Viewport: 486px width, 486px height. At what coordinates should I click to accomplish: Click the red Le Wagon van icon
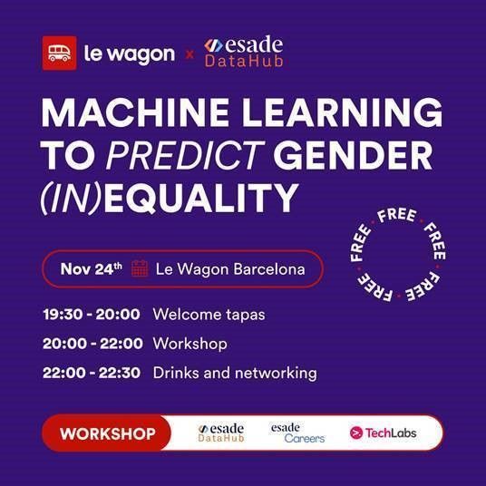tap(59, 53)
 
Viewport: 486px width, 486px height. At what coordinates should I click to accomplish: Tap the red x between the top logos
tap(190, 55)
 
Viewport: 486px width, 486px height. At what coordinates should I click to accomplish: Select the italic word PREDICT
tap(186, 155)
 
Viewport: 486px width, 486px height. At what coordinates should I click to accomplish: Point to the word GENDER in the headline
tap(353, 155)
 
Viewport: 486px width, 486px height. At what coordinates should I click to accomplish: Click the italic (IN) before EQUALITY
tap(71, 198)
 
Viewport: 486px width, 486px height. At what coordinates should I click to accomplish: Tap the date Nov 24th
tap(91, 268)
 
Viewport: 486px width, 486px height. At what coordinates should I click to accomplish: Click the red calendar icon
tap(140, 268)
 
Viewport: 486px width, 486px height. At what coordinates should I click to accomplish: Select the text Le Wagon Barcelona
tap(230, 269)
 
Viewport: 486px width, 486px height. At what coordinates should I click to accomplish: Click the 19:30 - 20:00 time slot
tap(92, 315)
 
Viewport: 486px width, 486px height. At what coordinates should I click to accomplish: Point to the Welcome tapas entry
tap(209, 315)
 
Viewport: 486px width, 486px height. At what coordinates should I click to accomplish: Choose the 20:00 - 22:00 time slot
tap(92, 344)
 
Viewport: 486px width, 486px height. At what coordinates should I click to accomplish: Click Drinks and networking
tap(235, 373)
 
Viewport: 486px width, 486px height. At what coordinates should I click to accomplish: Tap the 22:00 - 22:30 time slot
tap(92, 373)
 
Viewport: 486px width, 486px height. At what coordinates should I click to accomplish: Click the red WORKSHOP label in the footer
tap(108, 433)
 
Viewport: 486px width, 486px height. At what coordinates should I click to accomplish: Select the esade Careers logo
tap(297, 433)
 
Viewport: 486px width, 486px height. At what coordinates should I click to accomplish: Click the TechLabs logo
tap(384, 433)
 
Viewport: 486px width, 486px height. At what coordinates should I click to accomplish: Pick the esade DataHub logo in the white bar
tap(221, 433)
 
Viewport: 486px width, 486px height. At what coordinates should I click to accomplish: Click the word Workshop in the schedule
tap(190, 344)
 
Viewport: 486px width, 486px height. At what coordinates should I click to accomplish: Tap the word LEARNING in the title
tap(342, 112)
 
